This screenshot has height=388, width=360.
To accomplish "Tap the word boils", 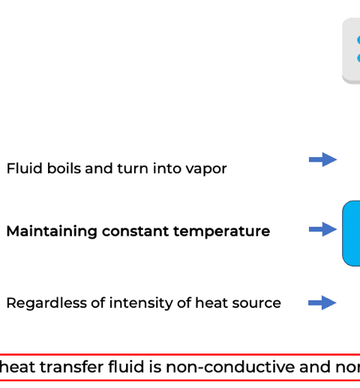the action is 64,168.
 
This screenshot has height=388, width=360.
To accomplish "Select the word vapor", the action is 206,170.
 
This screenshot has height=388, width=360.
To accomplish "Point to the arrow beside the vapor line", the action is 322,160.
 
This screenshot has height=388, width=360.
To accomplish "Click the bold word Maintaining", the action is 52,231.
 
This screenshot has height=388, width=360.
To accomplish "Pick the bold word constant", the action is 135,231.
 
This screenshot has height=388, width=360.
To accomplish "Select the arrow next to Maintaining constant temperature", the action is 322,229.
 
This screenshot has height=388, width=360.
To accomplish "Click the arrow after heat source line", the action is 322,303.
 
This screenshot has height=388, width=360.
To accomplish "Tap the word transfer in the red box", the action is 71,367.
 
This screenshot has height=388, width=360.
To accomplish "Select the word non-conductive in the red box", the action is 230,367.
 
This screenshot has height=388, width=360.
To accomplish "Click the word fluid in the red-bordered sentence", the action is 126,367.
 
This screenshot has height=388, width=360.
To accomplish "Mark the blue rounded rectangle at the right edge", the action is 352,234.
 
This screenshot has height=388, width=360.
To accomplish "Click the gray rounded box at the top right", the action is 352,51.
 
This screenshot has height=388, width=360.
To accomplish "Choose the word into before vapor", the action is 167,168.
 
